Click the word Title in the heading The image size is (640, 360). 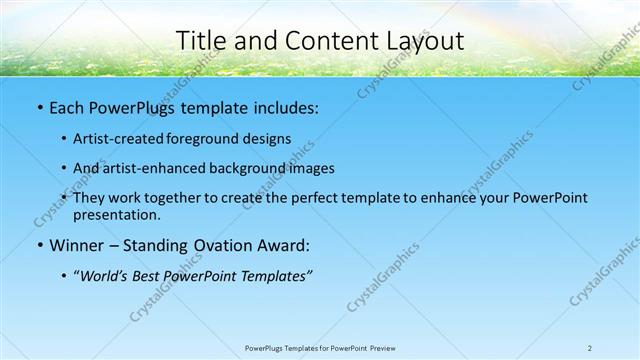click(198, 41)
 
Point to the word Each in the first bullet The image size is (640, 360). click(67, 106)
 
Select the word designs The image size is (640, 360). click(267, 139)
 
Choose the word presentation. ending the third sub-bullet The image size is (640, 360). click(116, 214)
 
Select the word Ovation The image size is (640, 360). click(219, 245)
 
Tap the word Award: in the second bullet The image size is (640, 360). click(283, 245)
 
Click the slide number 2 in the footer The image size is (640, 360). click(590, 348)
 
